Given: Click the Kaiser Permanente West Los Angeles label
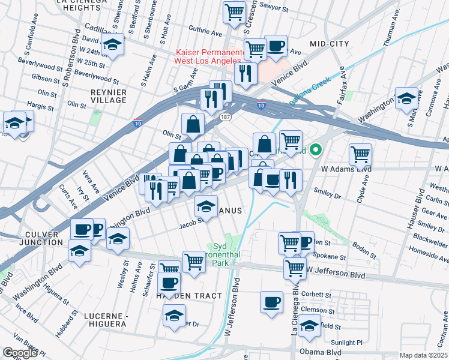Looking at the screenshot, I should pos(207,57).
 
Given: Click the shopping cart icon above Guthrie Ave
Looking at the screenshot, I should pos(234,12).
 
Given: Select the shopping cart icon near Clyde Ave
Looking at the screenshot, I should pos(360,154).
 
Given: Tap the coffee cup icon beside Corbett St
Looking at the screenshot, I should pos(271,301).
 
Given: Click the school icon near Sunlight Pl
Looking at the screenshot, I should pos(310,326).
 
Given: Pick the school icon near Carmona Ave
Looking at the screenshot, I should pos(406,98).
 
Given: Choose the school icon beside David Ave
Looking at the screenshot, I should pos(112,44).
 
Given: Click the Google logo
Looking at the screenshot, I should pos(20,353).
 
